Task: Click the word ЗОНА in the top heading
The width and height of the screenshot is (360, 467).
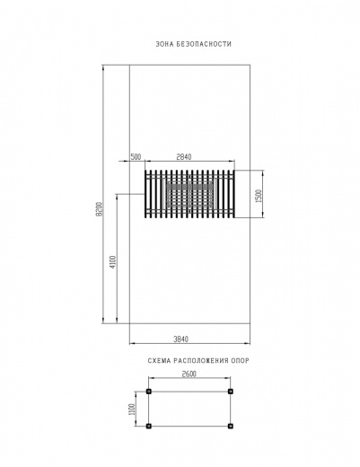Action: click(x=165, y=44)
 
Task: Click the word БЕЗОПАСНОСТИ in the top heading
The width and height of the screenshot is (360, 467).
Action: click(x=204, y=44)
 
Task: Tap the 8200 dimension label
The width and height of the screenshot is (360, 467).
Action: click(x=100, y=209)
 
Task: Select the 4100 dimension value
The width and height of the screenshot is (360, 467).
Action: click(x=113, y=262)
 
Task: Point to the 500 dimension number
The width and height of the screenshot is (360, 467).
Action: click(x=136, y=157)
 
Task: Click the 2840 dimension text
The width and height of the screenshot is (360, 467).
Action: click(x=184, y=157)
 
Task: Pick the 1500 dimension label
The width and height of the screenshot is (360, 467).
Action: click(x=259, y=196)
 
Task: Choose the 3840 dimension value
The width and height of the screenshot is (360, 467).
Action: click(x=181, y=339)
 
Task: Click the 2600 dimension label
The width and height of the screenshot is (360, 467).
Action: click(x=189, y=374)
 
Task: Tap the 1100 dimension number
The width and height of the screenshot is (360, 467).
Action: click(x=132, y=410)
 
